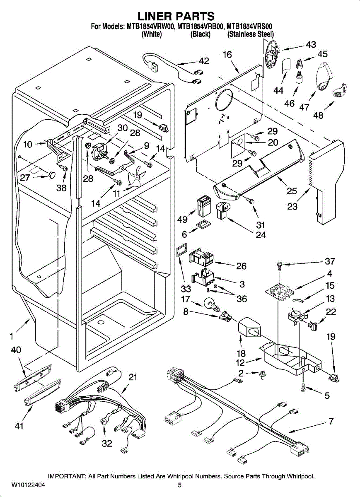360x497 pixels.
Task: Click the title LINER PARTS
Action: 176,16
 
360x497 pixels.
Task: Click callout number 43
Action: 311,44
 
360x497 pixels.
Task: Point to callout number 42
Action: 204,61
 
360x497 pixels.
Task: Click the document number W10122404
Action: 28,485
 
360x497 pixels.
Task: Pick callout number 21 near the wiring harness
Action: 133,377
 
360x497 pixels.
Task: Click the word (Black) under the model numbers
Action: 201,35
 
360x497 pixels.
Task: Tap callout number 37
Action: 330,261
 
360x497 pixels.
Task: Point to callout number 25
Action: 292,191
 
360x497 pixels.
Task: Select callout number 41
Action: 19,426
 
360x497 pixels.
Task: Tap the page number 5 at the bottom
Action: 180,485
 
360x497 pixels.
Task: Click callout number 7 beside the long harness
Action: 331,422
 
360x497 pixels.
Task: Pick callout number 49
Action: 183,220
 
